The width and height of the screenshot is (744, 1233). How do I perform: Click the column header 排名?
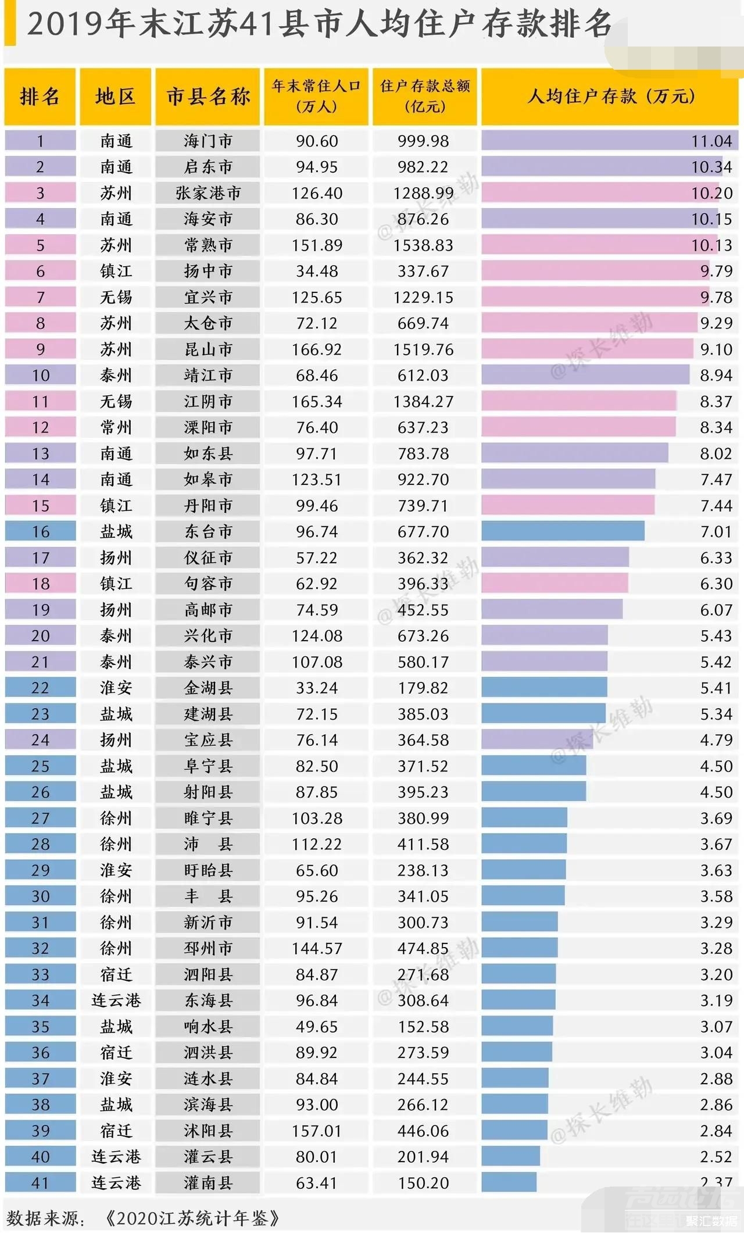tap(40, 97)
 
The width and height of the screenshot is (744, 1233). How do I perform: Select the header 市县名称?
tap(208, 97)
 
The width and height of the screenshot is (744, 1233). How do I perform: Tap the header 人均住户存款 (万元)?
tap(610, 97)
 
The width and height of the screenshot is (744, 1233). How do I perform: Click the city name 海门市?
tap(208, 141)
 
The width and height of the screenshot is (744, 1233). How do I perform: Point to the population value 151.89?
tap(317, 245)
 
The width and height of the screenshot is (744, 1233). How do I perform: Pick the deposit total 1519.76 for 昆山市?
tap(423, 349)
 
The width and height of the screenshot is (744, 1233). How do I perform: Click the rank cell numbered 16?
tap(40, 531)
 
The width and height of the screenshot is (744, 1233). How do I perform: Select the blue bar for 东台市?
tap(562, 531)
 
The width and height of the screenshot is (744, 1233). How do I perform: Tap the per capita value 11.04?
tap(711, 141)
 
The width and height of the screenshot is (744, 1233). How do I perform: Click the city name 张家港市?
tap(208, 193)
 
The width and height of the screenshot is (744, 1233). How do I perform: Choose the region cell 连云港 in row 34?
tap(116, 1000)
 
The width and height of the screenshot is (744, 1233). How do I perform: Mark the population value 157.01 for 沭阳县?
tap(317, 1131)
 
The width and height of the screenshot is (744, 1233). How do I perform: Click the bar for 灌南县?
tap(509, 1182)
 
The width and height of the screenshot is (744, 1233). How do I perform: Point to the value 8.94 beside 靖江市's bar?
tap(716, 376)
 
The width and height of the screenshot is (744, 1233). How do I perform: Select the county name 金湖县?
tap(208, 688)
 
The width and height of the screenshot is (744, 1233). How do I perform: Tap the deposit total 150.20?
tap(423, 1182)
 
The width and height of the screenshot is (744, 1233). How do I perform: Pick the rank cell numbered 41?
tap(40, 1182)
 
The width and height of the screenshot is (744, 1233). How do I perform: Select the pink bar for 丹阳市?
tap(567, 505)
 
